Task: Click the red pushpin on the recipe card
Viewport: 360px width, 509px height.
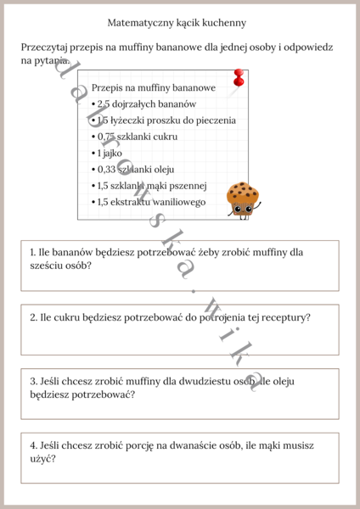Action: click(x=239, y=77)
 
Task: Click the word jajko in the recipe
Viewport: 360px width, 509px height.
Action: click(x=115, y=153)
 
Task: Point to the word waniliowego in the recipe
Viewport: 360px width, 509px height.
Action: click(x=177, y=202)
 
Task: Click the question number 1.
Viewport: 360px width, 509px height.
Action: click(x=32, y=252)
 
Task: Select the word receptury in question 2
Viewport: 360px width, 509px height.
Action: click(x=281, y=317)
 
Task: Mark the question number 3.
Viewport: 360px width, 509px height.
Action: click(x=32, y=381)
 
